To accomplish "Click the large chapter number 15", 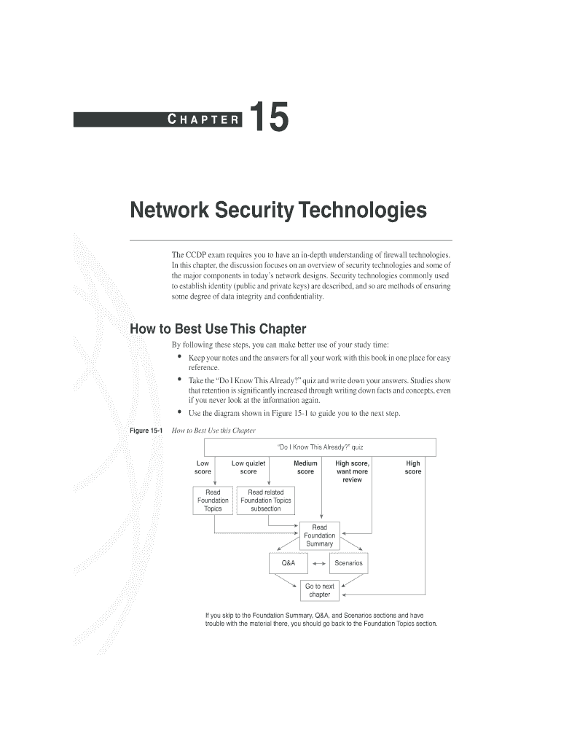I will coord(270,119).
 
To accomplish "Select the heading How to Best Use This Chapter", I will coord(218,329).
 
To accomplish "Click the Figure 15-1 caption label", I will coord(146,431).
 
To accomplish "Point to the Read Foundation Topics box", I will coord(213,500).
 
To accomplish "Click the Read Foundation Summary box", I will coord(319,535).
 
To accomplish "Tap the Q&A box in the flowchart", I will coord(288,563).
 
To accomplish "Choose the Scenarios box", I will coord(348,563).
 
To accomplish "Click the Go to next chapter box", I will coord(319,590).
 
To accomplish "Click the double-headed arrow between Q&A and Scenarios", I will coord(318,564).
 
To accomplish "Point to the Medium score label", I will coord(305,467).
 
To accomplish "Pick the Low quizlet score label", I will coord(248,467).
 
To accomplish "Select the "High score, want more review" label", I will coord(352,471).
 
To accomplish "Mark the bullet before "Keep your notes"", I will coord(179,358).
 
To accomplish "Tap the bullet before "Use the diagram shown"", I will coord(179,413).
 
